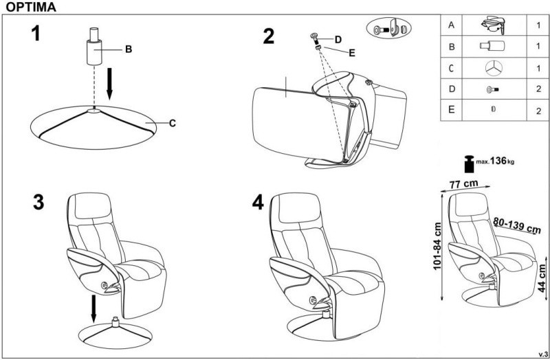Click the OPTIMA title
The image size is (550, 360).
31,7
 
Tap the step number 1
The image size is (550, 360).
36,33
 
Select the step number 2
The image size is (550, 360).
269,36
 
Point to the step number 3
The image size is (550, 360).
38,202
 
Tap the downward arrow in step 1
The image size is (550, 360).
109,84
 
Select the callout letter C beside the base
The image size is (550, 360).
173,124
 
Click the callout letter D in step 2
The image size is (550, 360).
338,40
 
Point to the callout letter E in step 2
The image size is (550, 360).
352,53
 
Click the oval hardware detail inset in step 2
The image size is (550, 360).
388,28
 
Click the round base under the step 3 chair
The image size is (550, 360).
115,335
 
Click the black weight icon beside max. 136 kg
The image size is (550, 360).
469,164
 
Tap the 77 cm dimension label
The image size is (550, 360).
463,183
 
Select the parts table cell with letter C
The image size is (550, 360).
451,67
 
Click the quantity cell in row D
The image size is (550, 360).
538,89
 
